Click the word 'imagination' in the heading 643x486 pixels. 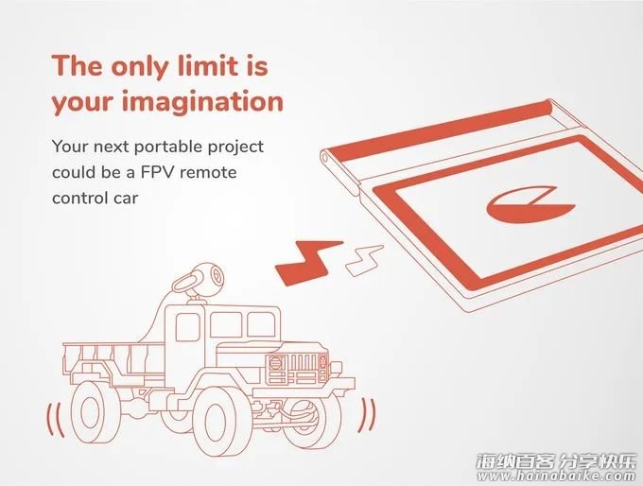click(x=202, y=102)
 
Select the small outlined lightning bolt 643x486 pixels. click(x=364, y=260)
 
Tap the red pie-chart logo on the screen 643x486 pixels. click(x=530, y=205)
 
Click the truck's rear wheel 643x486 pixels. click(x=90, y=411)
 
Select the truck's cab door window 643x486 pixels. click(x=187, y=327)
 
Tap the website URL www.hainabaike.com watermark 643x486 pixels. click(x=556, y=476)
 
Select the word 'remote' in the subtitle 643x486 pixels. click(x=208, y=173)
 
